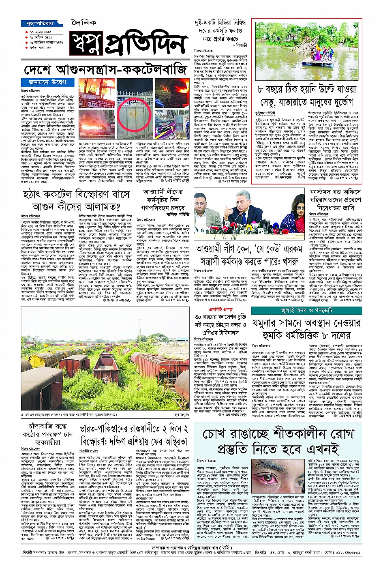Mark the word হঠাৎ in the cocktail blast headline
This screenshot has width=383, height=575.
[x=35, y=195]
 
